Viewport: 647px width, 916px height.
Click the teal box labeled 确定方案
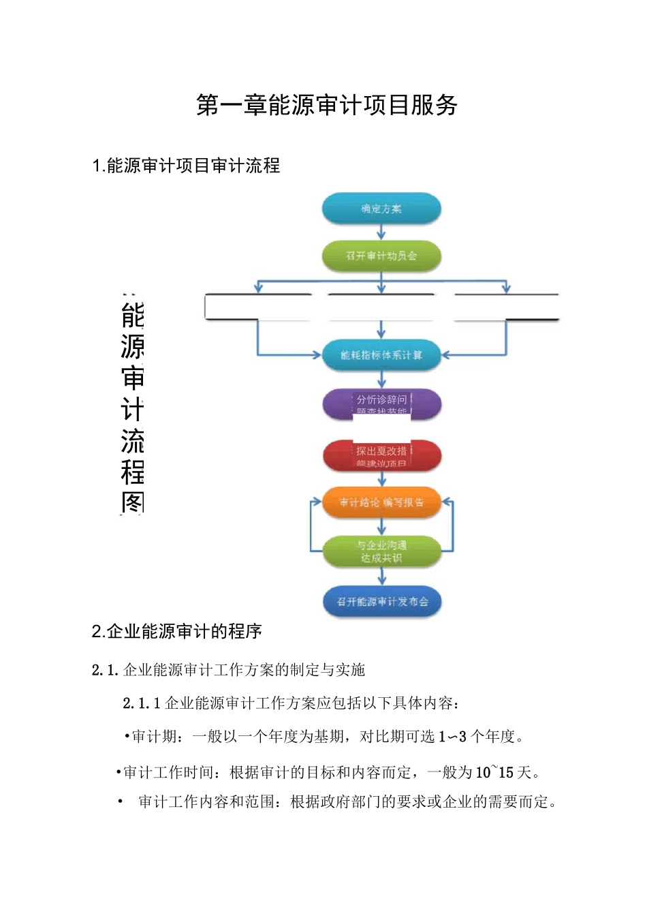[x=381, y=209]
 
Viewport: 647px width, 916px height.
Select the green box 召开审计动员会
[x=381, y=256]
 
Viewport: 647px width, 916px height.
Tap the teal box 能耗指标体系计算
[x=381, y=355]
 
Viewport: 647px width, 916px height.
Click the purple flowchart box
[x=381, y=403]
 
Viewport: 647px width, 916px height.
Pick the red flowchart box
[x=381, y=456]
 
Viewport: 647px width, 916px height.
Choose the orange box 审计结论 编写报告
[x=381, y=502]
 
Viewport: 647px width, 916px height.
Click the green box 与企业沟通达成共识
[x=381, y=551]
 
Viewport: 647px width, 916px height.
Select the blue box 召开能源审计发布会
[x=381, y=602]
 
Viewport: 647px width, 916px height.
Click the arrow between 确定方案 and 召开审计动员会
[x=381, y=232]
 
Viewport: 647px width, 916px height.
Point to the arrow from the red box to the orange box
[x=381, y=479]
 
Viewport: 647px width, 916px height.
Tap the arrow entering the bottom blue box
[x=381, y=577]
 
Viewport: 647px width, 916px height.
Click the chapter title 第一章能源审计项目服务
[x=326, y=105]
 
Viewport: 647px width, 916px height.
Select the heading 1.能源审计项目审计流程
[x=186, y=166]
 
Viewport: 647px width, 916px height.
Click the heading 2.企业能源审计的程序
[x=177, y=631]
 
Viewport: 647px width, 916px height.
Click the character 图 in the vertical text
[x=132, y=502]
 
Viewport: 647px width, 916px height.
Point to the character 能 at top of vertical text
[x=132, y=316]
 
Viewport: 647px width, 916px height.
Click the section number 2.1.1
[x=141, y=703]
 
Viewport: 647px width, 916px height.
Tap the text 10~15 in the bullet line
[x=494, y=772]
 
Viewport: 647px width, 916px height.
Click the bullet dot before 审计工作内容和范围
[x=121, y=801]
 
